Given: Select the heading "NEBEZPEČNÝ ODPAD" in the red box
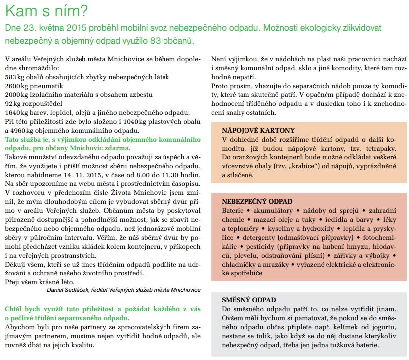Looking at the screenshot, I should (x=257, y=202).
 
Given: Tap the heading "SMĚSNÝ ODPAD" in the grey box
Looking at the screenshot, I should (x=249, y=300).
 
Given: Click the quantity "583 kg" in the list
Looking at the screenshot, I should (x=14, y=77).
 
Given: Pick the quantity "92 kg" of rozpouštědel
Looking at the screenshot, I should (x=12, y=103).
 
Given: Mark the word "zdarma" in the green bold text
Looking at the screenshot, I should (x=118, y=148).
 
